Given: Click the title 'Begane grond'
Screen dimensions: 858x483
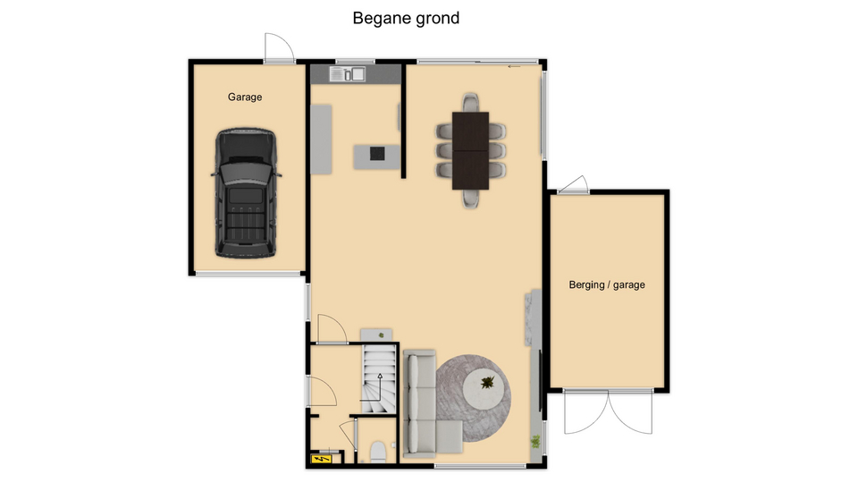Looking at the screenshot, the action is pos(406,19).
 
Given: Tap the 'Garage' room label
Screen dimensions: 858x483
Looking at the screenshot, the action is pos(245,97).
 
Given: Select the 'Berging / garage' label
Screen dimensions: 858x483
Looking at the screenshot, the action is pos(607,284).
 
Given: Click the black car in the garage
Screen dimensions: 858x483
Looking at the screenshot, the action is pos(246,193).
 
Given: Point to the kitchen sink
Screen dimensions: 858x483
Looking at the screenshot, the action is pos(347,74).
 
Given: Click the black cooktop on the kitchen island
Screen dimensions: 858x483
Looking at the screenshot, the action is pos(377,154).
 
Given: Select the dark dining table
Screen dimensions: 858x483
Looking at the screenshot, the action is pos(470,150).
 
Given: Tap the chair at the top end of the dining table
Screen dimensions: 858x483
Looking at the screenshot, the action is pos(471,102).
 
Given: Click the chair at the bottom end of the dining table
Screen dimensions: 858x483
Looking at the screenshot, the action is pos(471,199).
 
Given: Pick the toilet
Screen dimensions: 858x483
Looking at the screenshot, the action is pos(377,453).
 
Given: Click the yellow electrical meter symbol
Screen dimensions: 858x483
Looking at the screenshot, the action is pos(321,458).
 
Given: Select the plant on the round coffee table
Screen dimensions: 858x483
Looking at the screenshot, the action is pos(487,382).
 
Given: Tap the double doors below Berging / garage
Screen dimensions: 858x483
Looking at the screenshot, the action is pos(608,411).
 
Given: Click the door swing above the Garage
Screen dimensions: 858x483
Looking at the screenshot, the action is pos(279,48).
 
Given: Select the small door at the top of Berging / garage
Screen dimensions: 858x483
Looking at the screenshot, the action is pos(574,184).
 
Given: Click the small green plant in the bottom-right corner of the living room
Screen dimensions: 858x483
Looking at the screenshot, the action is pos(535,441).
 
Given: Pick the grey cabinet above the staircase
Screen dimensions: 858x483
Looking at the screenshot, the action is pos(376,335).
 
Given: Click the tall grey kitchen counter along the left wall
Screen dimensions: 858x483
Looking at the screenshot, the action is pos(321,140).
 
